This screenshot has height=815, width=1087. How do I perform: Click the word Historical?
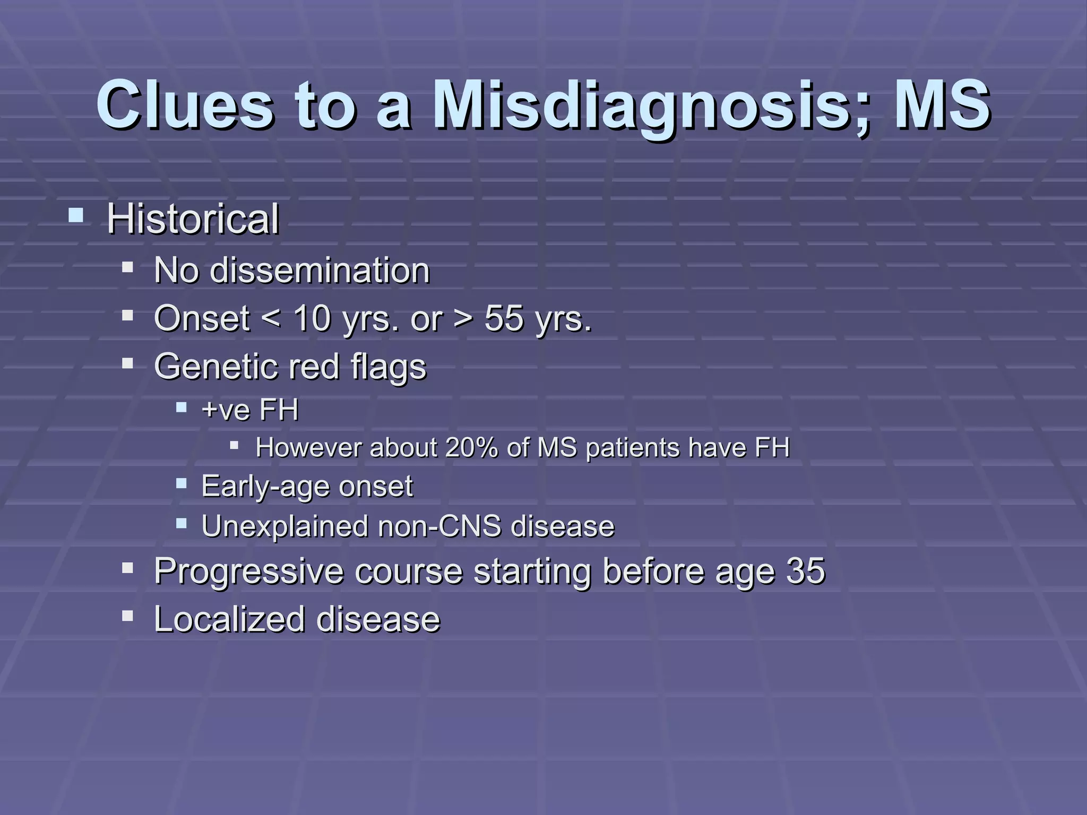click(193, 219)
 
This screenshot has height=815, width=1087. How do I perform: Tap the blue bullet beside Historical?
click(76, 215)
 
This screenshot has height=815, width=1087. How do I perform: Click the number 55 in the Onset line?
click(504, 319)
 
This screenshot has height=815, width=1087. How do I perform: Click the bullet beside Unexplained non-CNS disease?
click(182, 524)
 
